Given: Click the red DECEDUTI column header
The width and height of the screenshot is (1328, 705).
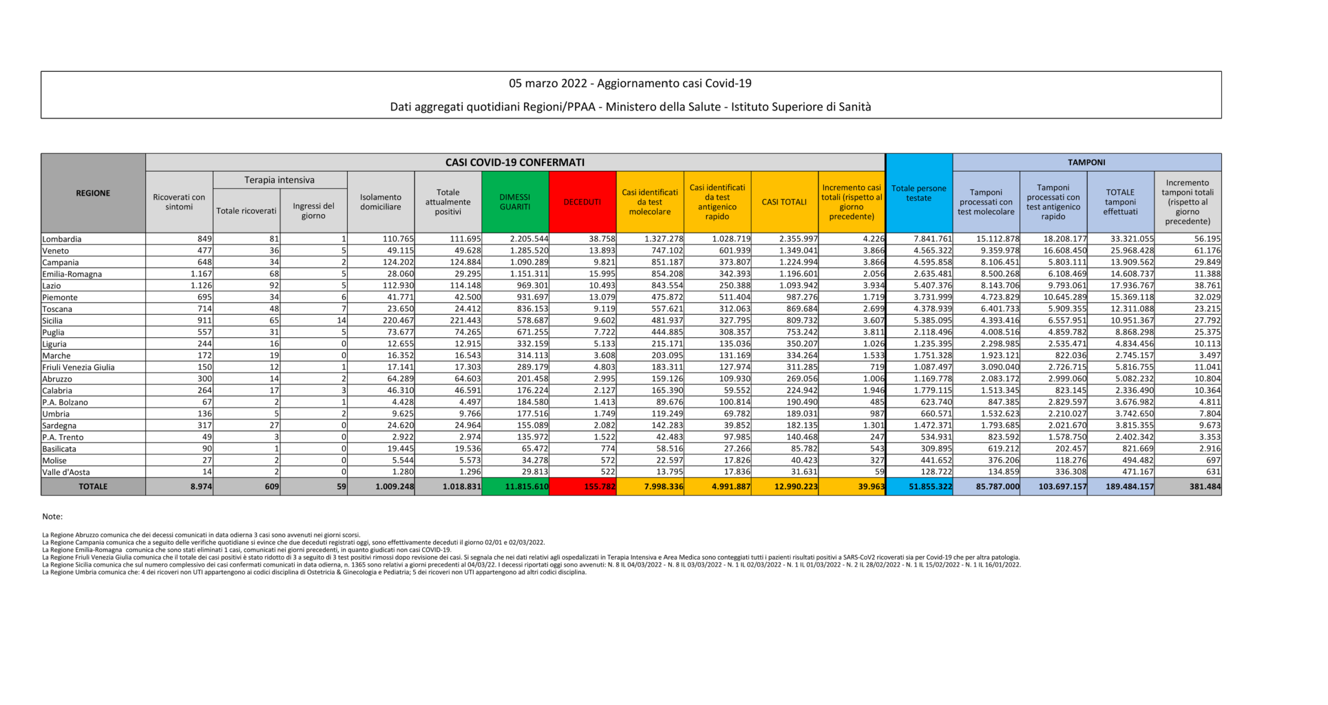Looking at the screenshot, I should click(x=582, y=202).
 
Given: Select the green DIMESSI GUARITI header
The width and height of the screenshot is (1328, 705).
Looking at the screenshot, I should click(x=514, y=202).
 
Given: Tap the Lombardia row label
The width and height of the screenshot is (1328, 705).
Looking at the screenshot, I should click(x=62, y=239).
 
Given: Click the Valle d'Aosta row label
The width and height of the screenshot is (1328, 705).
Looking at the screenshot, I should click(x=66, y=472).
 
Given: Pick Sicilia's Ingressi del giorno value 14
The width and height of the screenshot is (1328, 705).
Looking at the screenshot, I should click(x=341, y=321).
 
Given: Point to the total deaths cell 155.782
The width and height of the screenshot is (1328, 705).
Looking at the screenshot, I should click(x=599, y=487).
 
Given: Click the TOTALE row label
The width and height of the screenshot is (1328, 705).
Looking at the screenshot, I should click(x=93, y=487).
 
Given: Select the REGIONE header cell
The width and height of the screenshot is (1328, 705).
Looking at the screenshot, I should click(x=93, y=193).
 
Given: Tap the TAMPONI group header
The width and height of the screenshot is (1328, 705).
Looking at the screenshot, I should click(x=1086, y=163).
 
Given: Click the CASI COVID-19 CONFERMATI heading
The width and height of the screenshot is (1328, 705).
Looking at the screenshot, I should click(x=515, y=163).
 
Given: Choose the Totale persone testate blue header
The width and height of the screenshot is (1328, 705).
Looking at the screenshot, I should click(x=919, y=193).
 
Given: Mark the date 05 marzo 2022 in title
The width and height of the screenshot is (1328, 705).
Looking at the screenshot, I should click(x=548, y=84).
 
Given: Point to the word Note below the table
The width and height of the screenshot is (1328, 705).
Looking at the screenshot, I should click(x=52, y=517).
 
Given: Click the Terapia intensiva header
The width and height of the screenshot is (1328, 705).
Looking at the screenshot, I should click(x=279, y=180).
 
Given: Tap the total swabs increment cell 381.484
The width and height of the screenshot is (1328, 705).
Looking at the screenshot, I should click(x=1205, y=487).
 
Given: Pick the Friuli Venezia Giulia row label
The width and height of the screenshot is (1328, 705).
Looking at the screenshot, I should click(x=78, y=367).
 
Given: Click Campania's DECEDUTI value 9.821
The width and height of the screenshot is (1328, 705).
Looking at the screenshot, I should click(x=604, y=262).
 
